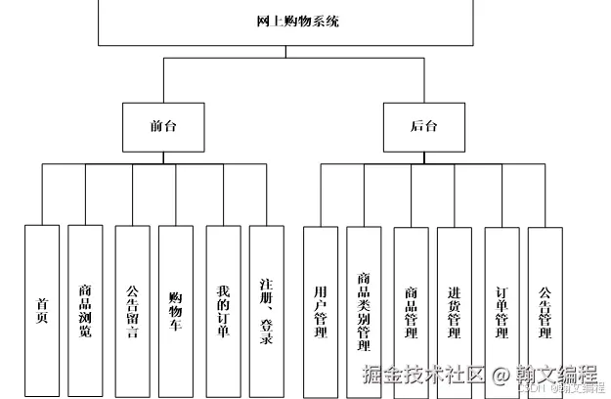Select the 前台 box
click(163, 127)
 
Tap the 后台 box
click(423, 127)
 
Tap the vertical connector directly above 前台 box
click(163, 80)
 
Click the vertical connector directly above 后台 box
click(423, 80)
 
